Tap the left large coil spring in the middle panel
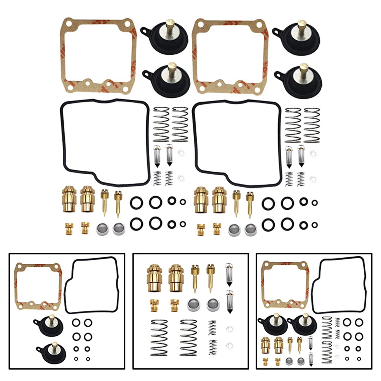tap(159, 337)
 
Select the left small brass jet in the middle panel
tap(154, 303)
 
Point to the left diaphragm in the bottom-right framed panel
tap(272, 323)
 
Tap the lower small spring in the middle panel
tap(212, 347)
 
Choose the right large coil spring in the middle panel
tap(188, 337)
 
